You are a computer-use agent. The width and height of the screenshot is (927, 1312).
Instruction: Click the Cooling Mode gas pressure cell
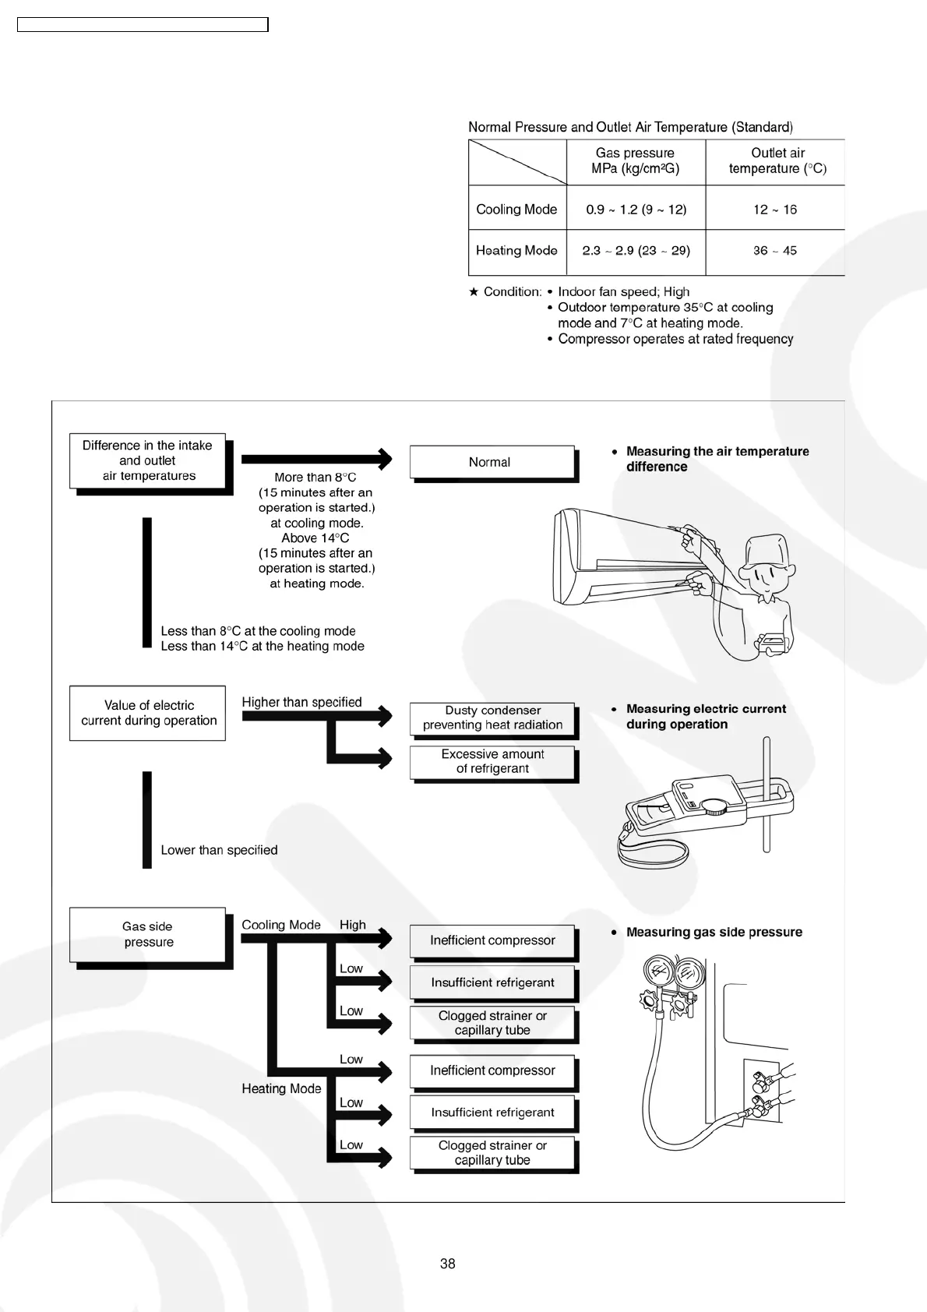tap(636, 209)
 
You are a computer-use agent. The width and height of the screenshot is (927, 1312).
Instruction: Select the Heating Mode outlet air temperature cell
tap(774, 251)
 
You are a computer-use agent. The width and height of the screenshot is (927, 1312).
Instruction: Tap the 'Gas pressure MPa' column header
tap(636, 161)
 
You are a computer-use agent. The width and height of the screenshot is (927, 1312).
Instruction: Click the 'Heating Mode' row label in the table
tap(516, 251)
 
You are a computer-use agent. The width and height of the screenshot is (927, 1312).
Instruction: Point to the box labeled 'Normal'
tap(491, 462)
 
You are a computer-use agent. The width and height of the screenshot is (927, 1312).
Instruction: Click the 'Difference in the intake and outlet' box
tap(147, 460)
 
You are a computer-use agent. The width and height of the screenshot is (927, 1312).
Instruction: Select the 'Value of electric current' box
tap(147, 713)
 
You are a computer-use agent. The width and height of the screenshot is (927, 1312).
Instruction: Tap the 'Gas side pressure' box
tap(147, 934)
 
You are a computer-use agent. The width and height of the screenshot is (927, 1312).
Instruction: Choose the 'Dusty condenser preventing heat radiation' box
tap(492, 718)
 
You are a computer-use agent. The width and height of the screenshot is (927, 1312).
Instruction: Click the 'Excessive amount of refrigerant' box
tap(492, 761)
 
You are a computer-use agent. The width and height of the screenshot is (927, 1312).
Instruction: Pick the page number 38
tap(448, 1264)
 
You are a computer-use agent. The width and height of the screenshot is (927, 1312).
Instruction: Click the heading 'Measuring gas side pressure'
tap(714, 932)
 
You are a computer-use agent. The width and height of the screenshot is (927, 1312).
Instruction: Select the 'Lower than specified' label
tap(219, 850)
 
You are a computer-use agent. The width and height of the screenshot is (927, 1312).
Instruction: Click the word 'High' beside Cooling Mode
tap(353, 925)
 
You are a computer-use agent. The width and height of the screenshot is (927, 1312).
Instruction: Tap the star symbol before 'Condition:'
tap(474, 292)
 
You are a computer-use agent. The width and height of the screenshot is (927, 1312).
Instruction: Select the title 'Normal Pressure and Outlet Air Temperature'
tap(630, 127)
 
